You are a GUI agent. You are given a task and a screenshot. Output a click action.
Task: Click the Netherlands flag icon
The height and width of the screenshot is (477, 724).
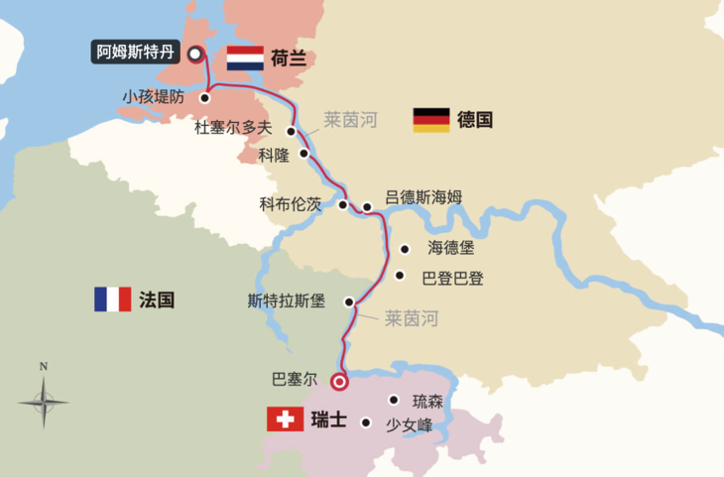tap(244, 59)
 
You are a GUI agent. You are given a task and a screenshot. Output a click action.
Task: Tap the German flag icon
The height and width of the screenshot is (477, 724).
tap(431, 120)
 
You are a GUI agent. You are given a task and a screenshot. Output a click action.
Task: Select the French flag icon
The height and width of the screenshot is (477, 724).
tap(113, 298)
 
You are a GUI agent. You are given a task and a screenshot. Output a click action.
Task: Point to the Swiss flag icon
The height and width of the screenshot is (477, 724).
tap(285, 419)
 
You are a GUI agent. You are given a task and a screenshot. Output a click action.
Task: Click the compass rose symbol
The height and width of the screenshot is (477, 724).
tap(43, 402)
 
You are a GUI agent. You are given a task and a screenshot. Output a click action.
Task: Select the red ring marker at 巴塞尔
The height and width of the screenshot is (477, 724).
tap(340, 380)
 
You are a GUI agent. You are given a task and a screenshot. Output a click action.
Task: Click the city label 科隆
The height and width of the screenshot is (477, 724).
tap(273, 155)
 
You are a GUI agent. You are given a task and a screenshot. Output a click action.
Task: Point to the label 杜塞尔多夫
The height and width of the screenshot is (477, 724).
tap(238, 129)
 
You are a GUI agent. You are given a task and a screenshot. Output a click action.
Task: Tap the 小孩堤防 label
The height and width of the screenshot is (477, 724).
tap(154, 97)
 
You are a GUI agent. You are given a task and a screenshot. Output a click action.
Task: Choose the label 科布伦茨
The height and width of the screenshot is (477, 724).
tap(291, 204)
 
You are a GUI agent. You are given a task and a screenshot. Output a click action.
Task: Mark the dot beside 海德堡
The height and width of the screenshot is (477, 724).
tap(405, 249)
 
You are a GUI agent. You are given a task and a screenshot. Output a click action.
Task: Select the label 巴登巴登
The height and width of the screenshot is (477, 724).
tap(452, 278)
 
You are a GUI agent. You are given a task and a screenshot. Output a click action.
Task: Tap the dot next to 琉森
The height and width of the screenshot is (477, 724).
tap(394, 401)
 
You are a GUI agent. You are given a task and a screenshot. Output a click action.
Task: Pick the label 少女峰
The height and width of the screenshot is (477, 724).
tap(405, 424)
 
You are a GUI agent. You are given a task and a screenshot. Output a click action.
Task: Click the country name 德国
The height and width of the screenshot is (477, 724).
tap(475, 121)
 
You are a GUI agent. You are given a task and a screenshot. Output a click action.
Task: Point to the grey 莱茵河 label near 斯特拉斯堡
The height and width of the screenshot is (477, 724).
tap(411, 318)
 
